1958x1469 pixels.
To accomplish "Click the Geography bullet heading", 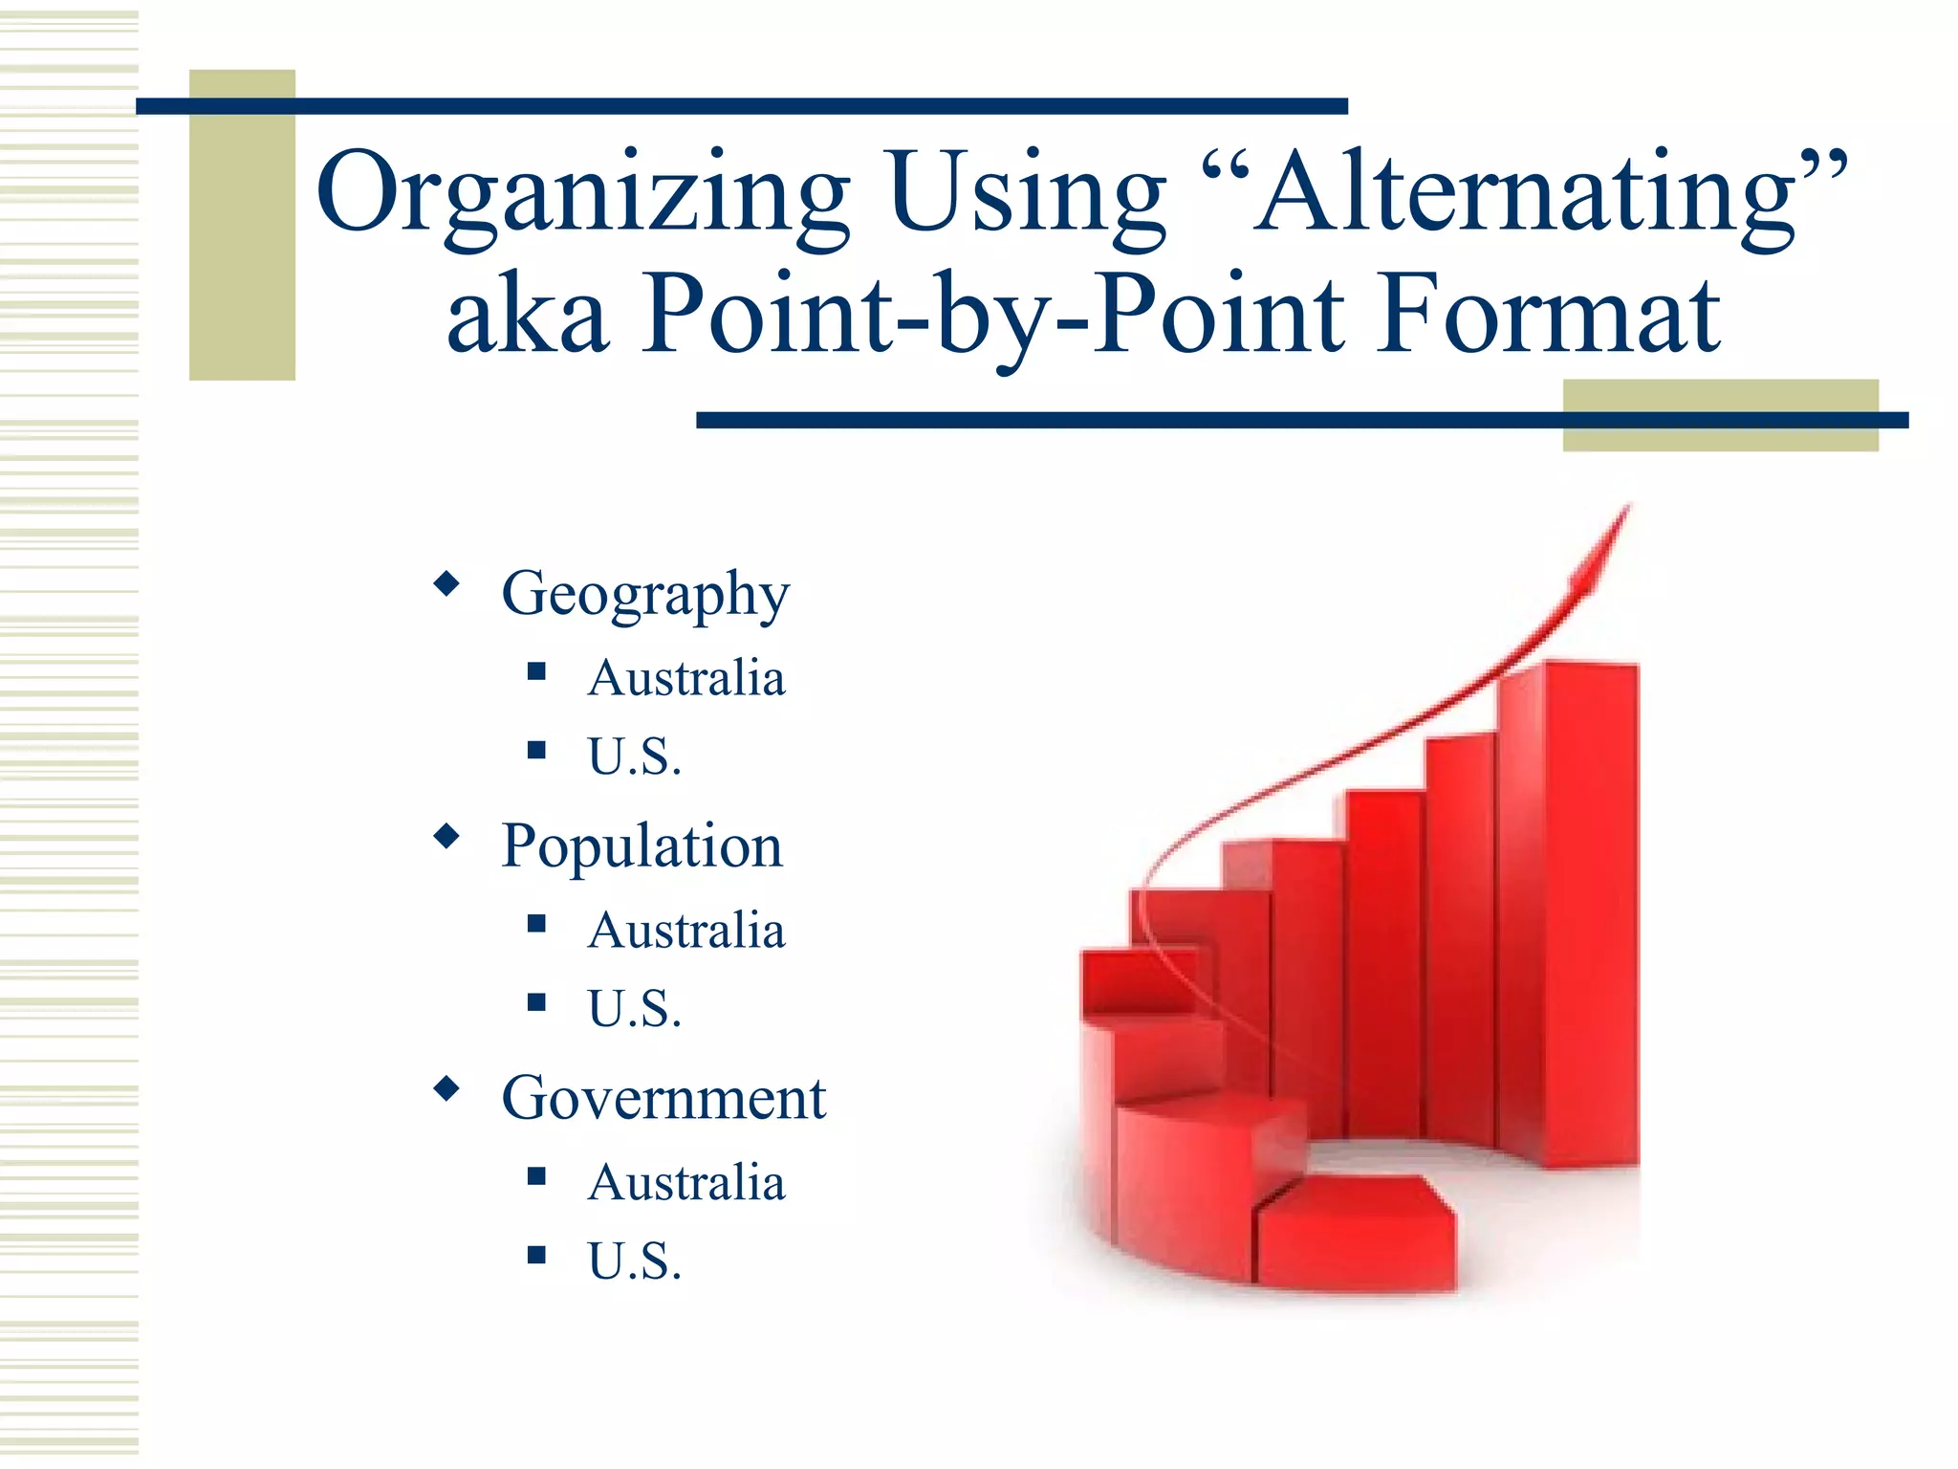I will tap(645, 595).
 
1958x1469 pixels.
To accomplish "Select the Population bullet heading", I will tap(642, 846).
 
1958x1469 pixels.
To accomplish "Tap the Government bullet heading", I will tap(664, 1098).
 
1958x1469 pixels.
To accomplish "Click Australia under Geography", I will tap(686, 678).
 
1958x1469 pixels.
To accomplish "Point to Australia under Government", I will tap(686, 1182).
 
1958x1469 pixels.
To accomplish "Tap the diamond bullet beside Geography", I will tap(446, 583).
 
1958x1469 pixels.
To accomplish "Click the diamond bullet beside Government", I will tap(446, 1088).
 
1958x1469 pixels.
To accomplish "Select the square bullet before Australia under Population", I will tap(536, 924).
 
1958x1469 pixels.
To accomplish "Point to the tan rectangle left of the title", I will tap(242, 225).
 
